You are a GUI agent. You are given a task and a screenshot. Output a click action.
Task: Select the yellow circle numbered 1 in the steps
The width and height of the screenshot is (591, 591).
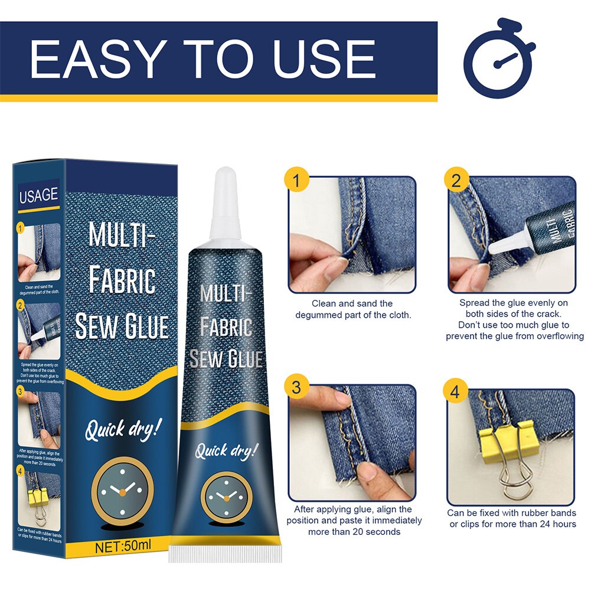297,180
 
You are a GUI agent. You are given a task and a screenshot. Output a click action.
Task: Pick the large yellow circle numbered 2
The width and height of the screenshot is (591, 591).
455,180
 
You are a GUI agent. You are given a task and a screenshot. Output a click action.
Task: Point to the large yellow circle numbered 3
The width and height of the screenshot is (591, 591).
297,387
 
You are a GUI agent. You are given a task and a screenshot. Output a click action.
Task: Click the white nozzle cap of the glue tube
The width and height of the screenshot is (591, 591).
226,201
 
